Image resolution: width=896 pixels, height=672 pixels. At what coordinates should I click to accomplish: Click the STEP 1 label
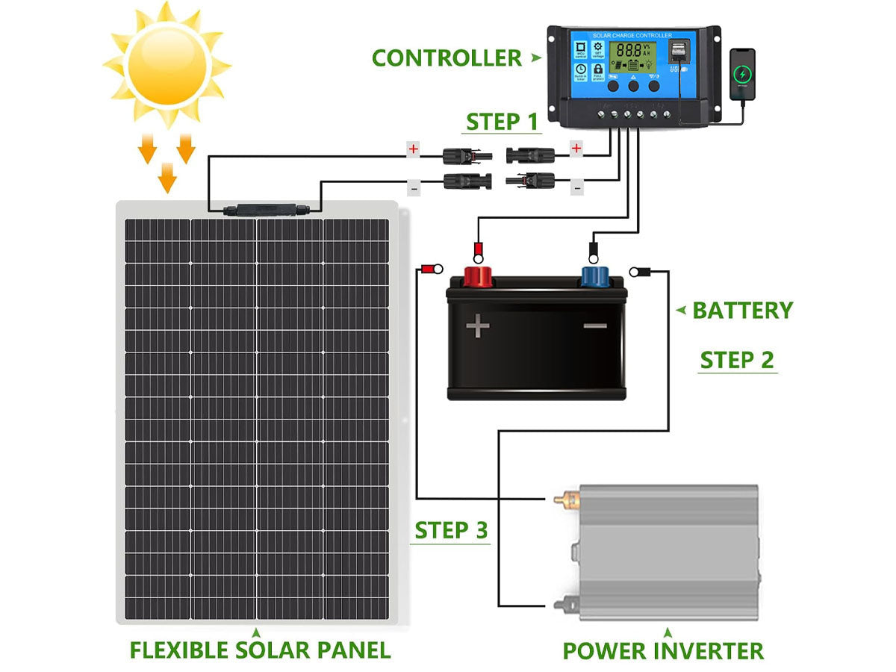pos(502,122)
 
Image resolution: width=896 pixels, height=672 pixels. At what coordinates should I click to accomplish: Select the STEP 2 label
pos(737,360)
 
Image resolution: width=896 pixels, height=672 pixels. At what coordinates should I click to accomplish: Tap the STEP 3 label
pos(451,531)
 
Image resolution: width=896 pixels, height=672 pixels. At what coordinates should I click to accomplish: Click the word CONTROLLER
pos(447,58)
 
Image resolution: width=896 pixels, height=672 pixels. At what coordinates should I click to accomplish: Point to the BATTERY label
pos(742,310)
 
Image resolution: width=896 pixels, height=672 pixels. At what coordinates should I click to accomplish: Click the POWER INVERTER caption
pos(663,650)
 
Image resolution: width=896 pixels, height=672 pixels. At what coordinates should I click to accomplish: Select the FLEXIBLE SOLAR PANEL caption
pos(260,649)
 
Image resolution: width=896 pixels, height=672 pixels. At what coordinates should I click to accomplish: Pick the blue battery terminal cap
pos(594,276)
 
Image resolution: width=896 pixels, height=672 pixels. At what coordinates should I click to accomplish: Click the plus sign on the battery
pos(478,326)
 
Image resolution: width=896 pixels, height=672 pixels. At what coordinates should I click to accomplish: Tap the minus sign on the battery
pos(595,326)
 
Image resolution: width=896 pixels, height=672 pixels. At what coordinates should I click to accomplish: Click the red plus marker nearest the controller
pos(576,149)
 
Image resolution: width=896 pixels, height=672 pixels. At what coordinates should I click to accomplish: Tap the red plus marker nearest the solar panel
pos(413,149)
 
